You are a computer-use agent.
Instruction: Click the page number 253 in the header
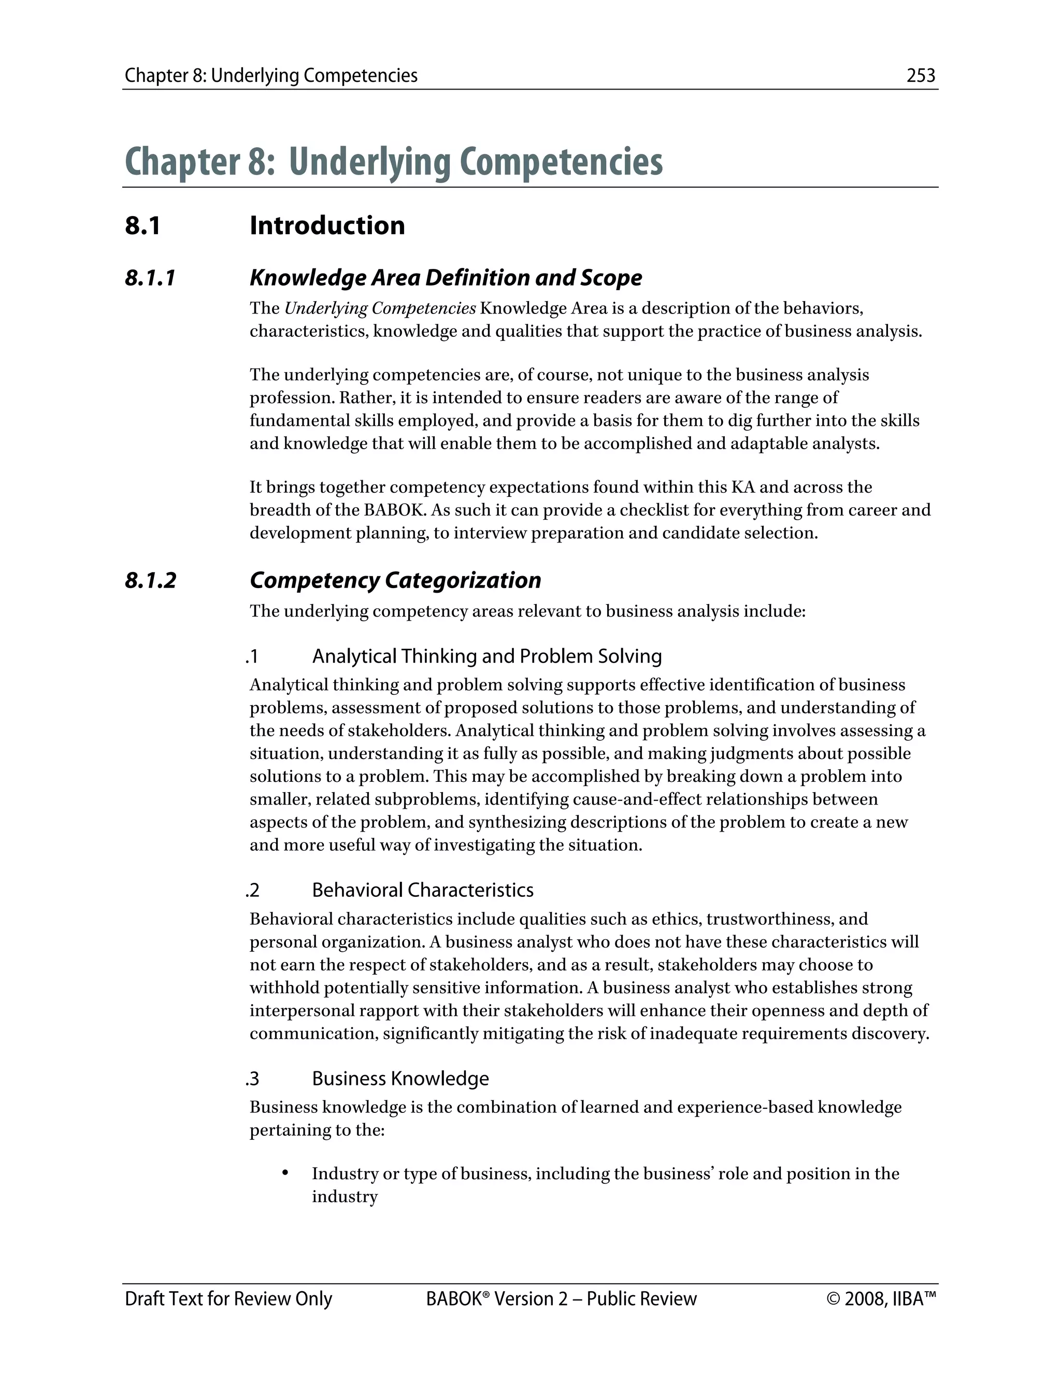click(x=921, y=76)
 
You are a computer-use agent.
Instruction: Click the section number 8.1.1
click(x=150, y=278)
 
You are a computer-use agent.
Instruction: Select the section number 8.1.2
click(x=150, y=580)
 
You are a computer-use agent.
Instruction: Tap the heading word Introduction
click(x=327, y=226)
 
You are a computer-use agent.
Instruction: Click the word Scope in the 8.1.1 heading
click(x=611, y=278)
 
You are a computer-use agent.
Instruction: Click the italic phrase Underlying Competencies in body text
click(x=380, y=309)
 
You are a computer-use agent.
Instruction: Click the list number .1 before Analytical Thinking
click(x=252, y=657)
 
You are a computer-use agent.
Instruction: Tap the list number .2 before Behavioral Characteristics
click(x=252, y=890)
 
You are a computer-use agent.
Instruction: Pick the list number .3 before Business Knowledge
click(x=252, y=1079)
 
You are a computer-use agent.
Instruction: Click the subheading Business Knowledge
click(x=400, y=1079)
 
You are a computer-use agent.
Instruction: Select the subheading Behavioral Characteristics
click(x=422, y=890)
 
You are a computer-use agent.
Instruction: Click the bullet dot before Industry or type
click(x=285, y=1172)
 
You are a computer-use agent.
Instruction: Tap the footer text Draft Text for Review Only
click(x=228, y=1299)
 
